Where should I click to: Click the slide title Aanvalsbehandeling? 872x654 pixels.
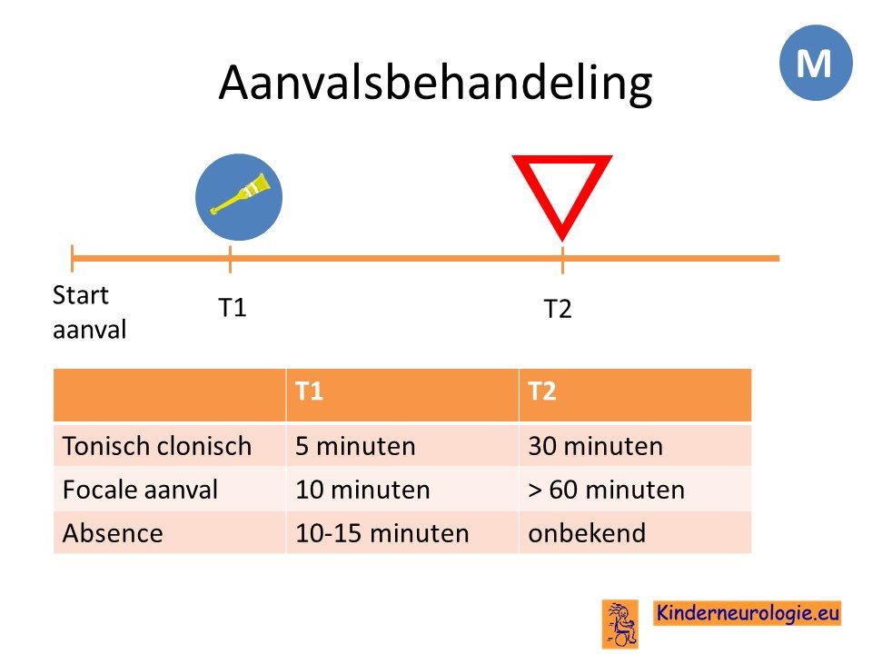[x=435, y=84]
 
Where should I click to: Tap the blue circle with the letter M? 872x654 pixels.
[x=816, y=63]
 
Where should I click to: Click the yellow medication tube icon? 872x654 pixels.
[x=239, y=194]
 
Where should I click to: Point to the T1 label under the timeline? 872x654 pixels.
[x=233, y=308]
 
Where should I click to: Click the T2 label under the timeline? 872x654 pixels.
[x=557, y=309]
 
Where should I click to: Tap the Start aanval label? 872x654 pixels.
[x=90, y=312]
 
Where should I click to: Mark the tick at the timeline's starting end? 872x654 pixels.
[x=73, y=258]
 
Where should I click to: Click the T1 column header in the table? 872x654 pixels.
[x=309, y=391]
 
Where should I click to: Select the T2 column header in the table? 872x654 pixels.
[x=541, y=391]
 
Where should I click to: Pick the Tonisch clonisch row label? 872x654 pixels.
[x=157, y=446]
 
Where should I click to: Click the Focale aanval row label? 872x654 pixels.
[x=140, y=490]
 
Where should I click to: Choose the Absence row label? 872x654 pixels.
[x=113, y=533]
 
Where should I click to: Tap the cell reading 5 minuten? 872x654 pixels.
[x=355, y=446]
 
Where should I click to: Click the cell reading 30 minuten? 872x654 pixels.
[x=596, y=446]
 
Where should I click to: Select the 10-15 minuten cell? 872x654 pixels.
[x=382, y=533]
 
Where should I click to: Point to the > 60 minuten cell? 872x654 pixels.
[x=606, y=490]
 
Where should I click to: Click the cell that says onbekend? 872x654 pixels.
[x=587, y=533]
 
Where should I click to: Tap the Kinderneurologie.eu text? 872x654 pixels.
[x=748, y=613]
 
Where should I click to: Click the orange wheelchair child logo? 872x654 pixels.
[x=620, y=623]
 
